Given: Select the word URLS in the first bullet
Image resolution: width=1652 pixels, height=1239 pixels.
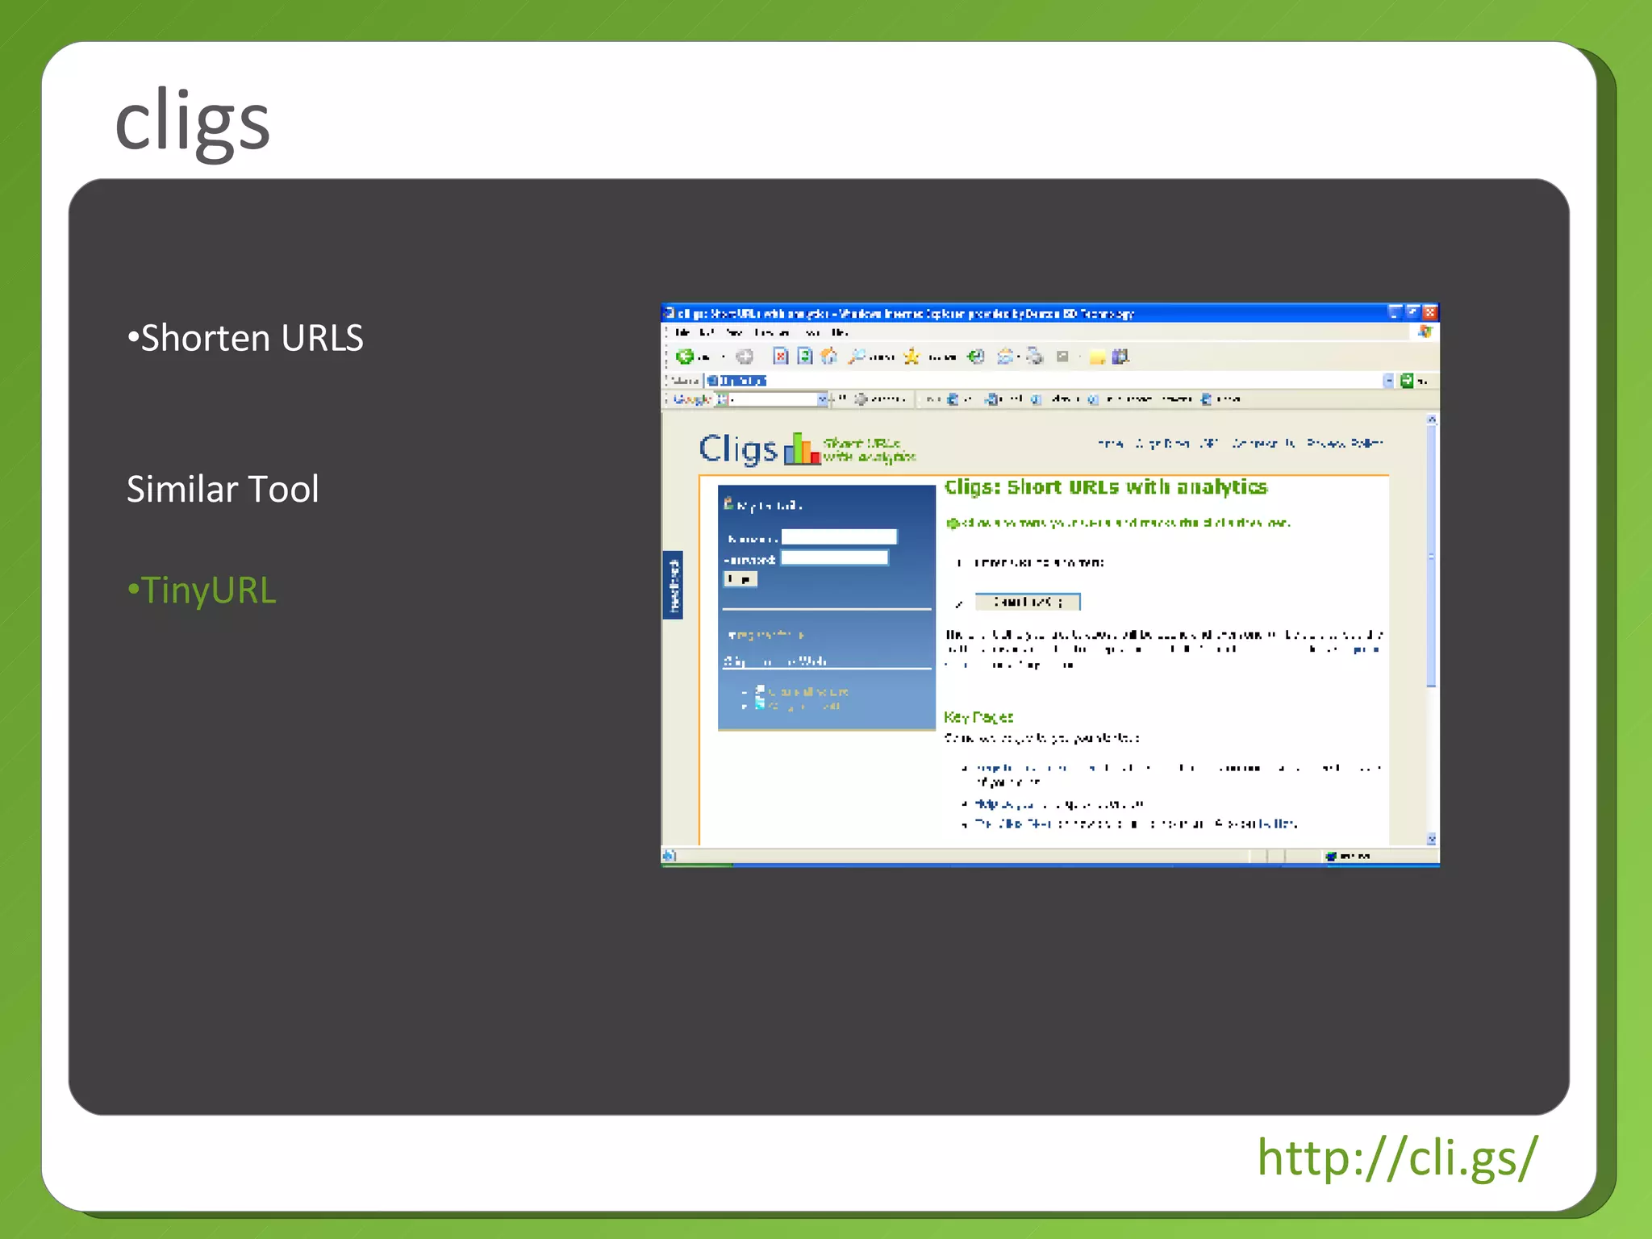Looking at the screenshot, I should pyautogui.click(x=322, y=338).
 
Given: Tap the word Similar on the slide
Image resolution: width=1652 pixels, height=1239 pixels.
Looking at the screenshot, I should pyautogui.click(x=182, y=489).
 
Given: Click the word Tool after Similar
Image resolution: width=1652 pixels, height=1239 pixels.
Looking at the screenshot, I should pyautogui.click(x=283, y=489).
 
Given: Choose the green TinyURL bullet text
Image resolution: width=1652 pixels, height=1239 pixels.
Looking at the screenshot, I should pyautogui.click(x=208, y=590).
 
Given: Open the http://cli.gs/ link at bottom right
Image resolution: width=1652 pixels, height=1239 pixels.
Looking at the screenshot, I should pyautogui.click(x=1397, y=1158).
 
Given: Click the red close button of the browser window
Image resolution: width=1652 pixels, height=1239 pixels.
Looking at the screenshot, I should pyautogui.click(x=1430, y=312).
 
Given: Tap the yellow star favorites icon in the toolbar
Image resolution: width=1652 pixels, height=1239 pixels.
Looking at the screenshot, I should pyautogui.click(x=912, y=357).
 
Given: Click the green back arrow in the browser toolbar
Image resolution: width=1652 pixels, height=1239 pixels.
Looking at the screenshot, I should pyautogui.click(x=685, y=357).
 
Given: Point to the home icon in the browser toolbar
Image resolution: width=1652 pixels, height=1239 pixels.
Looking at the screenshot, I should pyautogui.click(x=828, y=357).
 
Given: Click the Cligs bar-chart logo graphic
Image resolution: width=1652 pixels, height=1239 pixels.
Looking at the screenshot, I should pyautogui.click(x=802, y=449).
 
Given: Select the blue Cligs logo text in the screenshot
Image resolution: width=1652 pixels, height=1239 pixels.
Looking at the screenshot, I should pyautogui.click(x=738, y=448).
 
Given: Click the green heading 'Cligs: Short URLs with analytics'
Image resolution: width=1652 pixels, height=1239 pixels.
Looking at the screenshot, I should pyautogui.click(x=1105, y=487).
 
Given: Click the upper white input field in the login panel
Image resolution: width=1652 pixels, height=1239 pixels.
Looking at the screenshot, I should pyautogui.click(x=839, y=537).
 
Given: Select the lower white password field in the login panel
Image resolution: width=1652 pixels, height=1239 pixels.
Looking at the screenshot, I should pyautogui.click(x=835, y=558).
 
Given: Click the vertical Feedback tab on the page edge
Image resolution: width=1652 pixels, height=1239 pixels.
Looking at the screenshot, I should pyautogui.click(x=673, y=585).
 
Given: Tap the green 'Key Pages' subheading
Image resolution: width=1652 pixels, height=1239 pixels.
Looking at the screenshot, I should pyautogui.click(x=978, y=717).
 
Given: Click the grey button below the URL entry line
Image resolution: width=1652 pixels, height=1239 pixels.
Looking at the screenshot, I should pyautogui.click(x=1027, y=602).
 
